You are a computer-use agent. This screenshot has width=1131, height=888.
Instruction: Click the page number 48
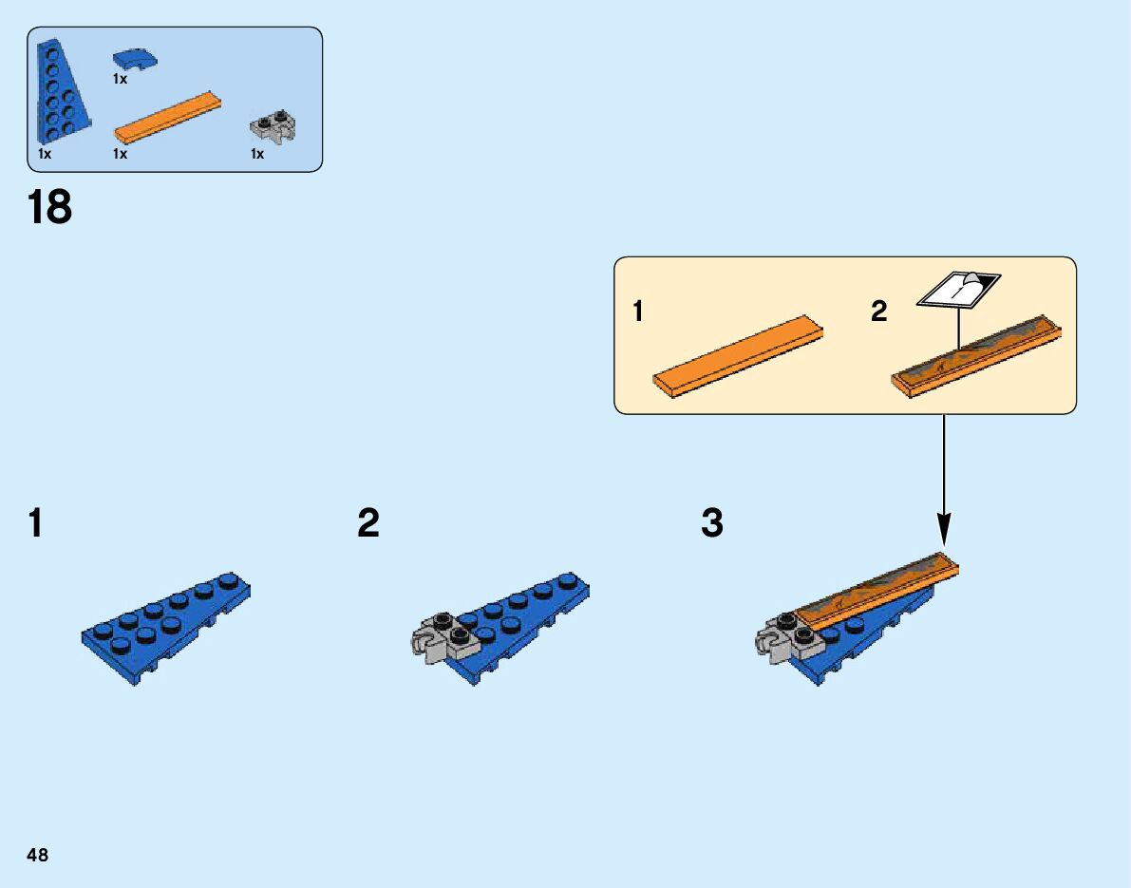(38, 855)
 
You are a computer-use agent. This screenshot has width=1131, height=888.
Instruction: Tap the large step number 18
(50, 208)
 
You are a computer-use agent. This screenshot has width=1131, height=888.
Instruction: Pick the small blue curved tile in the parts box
(134, 61)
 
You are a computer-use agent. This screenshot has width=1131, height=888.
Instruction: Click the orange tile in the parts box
(167, 118)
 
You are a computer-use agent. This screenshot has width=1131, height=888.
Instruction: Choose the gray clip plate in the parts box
(273, 126)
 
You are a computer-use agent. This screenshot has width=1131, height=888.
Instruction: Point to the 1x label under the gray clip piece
(257, 154)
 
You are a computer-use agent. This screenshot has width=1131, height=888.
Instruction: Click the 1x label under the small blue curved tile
(120, 80)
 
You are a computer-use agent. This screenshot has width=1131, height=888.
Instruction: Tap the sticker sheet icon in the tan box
(958, 289)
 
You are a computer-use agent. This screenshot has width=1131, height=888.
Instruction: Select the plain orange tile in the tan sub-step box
(737, 355)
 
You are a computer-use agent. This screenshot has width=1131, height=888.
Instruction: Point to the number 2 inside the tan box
(879, 312)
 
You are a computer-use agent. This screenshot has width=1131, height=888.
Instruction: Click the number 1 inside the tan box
(639, 312)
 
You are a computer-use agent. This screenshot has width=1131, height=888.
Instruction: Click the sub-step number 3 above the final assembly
(712, 523)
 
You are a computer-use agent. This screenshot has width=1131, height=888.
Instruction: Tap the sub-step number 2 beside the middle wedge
(368, 523)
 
